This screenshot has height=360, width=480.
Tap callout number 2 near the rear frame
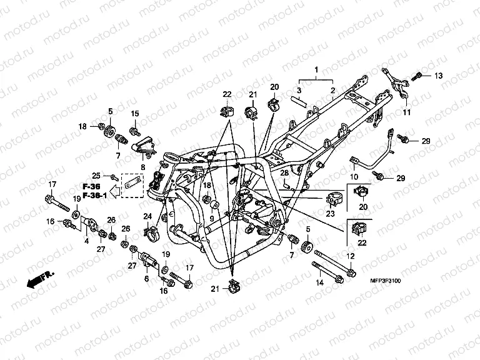(x=333, y=91)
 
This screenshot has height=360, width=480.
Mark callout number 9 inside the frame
(x=211, y=218)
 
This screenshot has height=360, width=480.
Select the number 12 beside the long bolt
(x=351, y=257)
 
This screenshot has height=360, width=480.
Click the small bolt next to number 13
(x=417, y=76)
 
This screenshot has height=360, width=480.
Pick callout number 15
(x=134, y=113)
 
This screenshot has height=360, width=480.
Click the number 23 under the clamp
(x=331, y=214)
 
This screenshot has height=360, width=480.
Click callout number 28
(x=283, y=173)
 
